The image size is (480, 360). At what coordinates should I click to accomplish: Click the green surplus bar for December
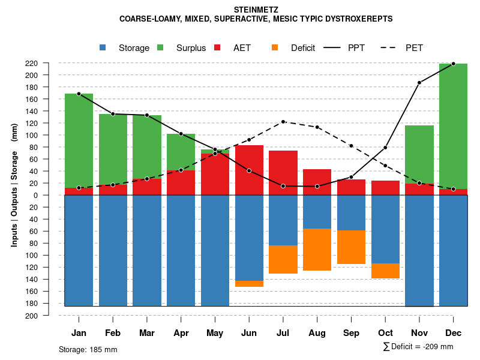(x=453, y=126)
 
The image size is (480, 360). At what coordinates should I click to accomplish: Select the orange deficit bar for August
(x=317, y=250)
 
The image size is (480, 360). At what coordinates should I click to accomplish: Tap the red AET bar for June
(x=249, y=170)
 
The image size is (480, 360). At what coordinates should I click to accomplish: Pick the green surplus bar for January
(x=79, y=140)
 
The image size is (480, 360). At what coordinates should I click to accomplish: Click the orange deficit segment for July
(x=283, y=259)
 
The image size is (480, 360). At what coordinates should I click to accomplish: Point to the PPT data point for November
(x=419, y=83)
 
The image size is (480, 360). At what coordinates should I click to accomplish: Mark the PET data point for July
(x=283, y=122)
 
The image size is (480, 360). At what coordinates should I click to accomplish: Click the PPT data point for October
(x=385, y=148)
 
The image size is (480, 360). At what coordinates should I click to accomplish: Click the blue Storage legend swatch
(x=103, y=48)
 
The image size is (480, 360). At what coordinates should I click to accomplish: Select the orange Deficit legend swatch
(x=275, y=48)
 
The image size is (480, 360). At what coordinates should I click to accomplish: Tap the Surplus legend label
(x=191, y=48)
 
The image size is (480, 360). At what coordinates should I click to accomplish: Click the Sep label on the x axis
(x=351, y=333)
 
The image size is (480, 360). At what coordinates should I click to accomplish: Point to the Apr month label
(x=181, y=333)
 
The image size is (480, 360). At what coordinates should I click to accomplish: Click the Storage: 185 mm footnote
(x=88, y=349)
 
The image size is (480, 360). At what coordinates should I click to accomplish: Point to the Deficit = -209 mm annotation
(x=418, y=347)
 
